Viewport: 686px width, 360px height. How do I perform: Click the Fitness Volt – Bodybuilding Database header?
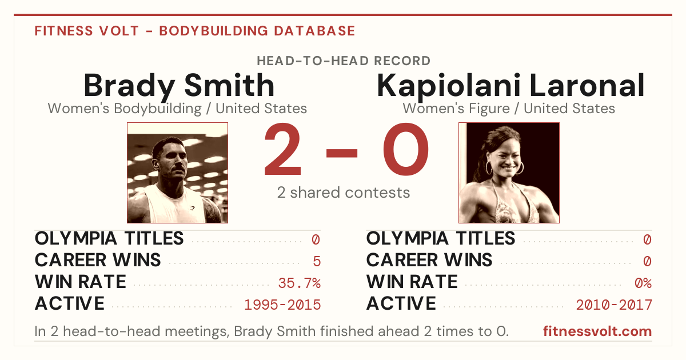click(195, 31)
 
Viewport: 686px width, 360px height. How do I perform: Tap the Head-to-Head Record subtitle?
click(344, 61)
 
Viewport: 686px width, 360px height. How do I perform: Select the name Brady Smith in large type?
click(179, 85)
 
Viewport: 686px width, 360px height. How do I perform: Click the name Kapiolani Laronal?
click(510, 85)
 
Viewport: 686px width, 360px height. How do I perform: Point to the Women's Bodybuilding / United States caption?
click(177, 109)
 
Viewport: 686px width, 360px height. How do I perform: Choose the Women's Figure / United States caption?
click(509, 109)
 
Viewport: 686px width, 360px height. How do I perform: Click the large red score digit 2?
click(282, 149)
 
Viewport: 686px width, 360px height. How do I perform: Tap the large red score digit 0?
click(406, 149)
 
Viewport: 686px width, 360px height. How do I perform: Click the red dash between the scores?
click(342, 153)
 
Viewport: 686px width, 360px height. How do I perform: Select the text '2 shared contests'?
click(344, 193)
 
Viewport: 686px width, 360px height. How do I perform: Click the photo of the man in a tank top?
click(178, 173)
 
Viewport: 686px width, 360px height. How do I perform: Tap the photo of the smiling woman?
click(509, 173)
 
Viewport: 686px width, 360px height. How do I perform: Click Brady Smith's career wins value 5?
click(317, 262)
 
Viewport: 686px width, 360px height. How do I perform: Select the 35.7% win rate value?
click(299, 283)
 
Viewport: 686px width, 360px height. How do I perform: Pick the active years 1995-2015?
click(282, 305)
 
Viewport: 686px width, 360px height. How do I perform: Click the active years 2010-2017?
click(614, 305)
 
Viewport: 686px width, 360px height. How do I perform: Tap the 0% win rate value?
click(643, 283)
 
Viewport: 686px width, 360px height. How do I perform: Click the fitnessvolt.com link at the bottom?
click(597, 331)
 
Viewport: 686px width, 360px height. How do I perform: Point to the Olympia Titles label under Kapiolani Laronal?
click(440, 238)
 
